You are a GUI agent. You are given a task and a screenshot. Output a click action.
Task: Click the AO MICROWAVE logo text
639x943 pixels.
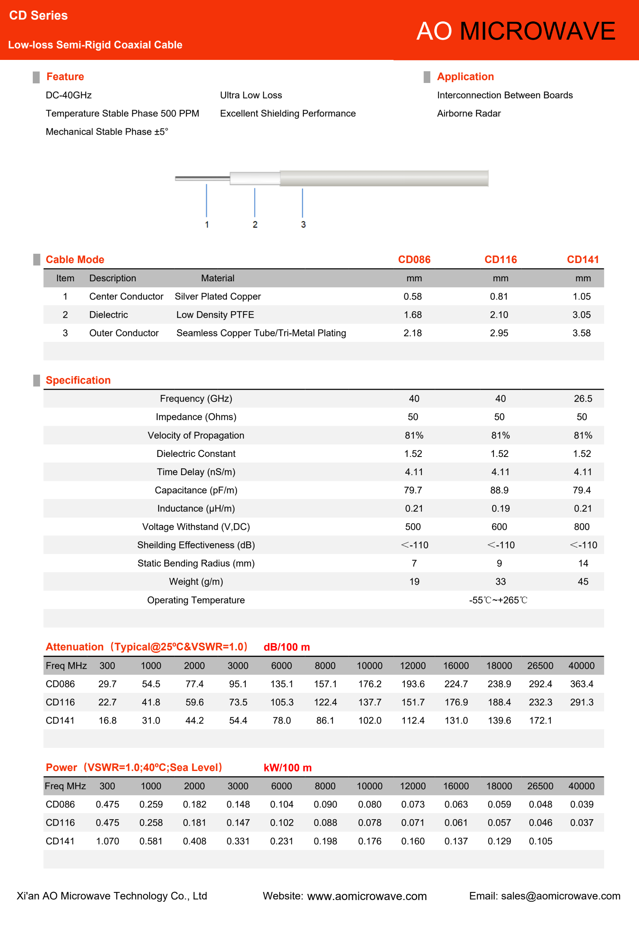tap(515, 31)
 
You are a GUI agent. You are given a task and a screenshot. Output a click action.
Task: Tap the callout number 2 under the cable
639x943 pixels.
tap(255, 224)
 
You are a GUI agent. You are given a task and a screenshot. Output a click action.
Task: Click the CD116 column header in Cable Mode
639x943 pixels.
tap(500, 259)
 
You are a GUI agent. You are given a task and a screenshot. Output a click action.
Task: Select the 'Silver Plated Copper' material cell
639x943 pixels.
tap(218, 297)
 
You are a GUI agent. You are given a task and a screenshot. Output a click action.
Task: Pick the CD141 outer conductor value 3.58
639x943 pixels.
tap(582, 333)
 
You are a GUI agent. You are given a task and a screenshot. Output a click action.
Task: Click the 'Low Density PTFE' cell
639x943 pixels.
tap(215, 315)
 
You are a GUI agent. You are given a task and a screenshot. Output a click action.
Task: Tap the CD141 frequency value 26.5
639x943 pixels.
tap(583, 399)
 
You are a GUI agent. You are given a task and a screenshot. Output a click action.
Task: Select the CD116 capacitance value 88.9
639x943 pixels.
tap(499, 490)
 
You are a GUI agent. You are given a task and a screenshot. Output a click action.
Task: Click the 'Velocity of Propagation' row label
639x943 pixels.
tap(196, 435)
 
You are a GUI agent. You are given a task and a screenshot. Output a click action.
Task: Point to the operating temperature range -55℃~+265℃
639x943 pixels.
tap(498, 600)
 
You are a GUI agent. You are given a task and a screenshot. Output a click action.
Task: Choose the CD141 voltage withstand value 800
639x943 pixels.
tap(582, 527)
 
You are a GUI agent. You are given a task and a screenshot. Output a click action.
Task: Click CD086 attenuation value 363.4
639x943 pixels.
tap(582, 684)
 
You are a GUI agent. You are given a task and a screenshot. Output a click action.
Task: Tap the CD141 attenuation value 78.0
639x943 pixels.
tap(281, 721)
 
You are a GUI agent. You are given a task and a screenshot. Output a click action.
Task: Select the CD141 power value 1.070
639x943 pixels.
tap(108, 841)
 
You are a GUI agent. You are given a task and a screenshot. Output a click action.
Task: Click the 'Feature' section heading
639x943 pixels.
tap(65, 76)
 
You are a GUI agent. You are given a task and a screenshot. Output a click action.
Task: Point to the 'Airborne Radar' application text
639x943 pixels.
tap(469, 114)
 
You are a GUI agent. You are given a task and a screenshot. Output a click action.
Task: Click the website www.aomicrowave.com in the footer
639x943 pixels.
tap(366, 896)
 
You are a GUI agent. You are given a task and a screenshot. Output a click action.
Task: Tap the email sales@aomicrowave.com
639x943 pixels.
tap(561, 896)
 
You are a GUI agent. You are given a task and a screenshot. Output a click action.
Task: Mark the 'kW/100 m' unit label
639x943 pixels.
tap(288, 768)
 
